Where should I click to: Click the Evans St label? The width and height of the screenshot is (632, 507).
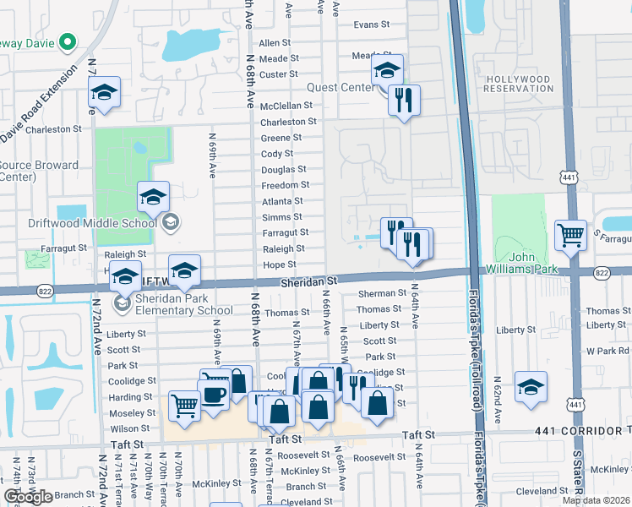372,25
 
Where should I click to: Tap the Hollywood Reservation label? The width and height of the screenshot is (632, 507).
518,84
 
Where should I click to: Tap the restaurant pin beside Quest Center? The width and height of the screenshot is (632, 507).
403,101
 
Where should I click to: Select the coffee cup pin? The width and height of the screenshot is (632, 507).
213,394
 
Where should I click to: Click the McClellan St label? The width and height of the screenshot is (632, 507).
286,106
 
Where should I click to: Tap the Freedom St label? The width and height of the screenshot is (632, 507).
286,185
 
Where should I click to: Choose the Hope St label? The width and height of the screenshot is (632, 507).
279,264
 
